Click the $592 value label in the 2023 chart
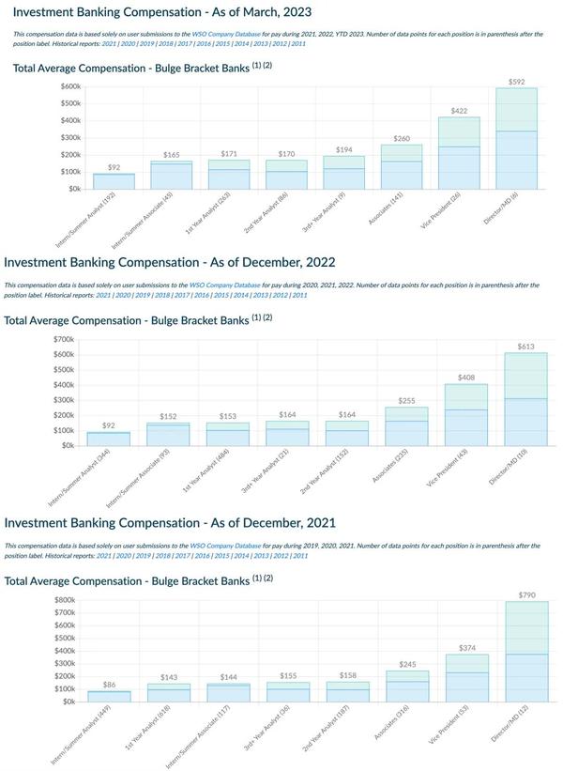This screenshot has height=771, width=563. coord(516,82)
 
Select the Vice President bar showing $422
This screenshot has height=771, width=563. coord(459,155)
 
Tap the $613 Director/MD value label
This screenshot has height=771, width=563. coord(525,347)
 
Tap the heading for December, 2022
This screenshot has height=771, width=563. coord(170,262)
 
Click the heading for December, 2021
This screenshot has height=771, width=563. coord(170,522)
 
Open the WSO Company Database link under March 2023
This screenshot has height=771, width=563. coord(226,35)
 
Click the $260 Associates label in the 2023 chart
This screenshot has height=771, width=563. coord(401,138)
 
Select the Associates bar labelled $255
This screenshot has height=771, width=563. coord(406,427)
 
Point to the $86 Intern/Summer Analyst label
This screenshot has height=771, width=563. coord(109,685)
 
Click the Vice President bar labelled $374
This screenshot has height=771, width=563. coord(466,678)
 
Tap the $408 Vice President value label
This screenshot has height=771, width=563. coord(466,378)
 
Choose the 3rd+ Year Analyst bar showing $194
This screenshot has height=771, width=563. coord(343,172)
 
